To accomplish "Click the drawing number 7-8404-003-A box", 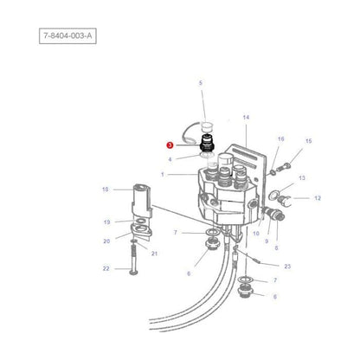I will (72, 35).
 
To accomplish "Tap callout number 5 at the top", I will (201, 83).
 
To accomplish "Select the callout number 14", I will (246, 116).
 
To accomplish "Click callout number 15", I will (309, 140).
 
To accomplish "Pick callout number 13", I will (302, 177).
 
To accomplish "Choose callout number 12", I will (317, 198).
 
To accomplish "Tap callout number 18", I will (106, 189).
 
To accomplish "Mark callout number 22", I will (106, 269).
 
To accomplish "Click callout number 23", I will (287, 267).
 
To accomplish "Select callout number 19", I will (106, 222).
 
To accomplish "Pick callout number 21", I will (155, 253).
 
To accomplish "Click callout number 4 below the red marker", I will (170, 158).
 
